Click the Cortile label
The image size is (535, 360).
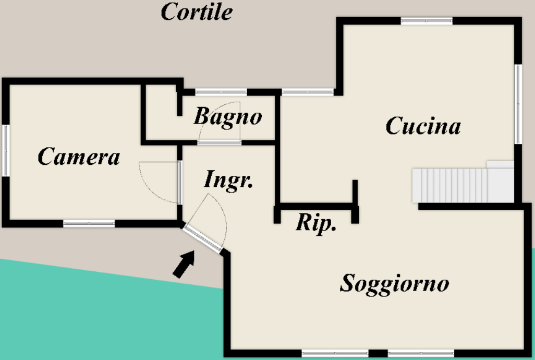coord(197,11)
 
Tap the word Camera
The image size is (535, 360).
coord(79,157)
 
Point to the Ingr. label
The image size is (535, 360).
coord(228,180)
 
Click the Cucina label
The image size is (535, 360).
coord(423,126)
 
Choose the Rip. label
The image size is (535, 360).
coord(316,223)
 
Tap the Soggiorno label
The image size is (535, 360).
coord(394,283)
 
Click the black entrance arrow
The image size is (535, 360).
coord(184,264)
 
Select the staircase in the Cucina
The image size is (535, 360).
coord(463,183)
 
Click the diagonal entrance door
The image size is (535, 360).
coord(202,238)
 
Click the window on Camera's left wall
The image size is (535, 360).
coord(6,151)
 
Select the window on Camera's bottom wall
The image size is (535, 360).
coord(89,223)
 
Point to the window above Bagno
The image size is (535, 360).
coord(221,92)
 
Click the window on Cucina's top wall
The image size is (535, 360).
coord(427,21)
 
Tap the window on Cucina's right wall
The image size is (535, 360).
coord(518,104)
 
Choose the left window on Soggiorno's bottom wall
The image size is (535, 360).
coord(335,353)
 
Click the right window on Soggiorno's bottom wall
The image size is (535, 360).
coord(421,353)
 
